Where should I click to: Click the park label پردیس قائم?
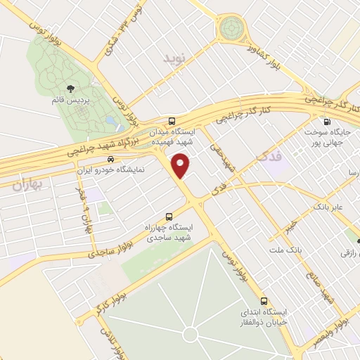coord(71,100)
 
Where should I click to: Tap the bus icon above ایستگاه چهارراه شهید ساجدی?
coord(167,217)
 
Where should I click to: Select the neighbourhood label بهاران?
coord(27,185)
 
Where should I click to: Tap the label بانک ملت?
coord(285,250)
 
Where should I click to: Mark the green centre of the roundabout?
coord(230,29)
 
